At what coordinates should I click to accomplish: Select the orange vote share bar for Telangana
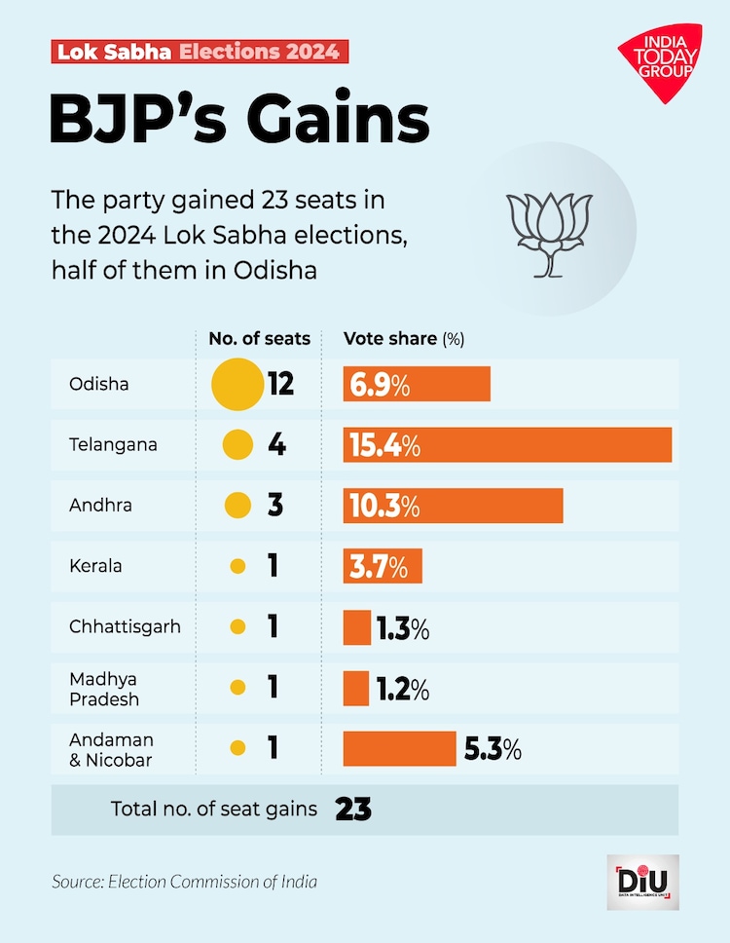507,445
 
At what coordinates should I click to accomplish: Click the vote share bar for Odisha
417,384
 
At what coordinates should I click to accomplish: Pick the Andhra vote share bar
453,506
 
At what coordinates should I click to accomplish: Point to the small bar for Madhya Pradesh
356,689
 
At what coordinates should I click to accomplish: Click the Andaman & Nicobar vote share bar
399,749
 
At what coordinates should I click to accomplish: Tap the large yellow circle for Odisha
237,384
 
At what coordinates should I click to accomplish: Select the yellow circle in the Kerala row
237,566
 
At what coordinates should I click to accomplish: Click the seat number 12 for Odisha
280,384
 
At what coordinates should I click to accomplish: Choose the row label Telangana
112,445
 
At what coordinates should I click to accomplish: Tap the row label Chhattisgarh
125,626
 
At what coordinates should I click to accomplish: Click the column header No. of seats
260,339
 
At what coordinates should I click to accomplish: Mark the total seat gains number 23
353,810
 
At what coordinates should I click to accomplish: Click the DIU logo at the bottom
642,883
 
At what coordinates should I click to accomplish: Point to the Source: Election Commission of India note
185,883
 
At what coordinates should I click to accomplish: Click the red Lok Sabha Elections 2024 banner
199,52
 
